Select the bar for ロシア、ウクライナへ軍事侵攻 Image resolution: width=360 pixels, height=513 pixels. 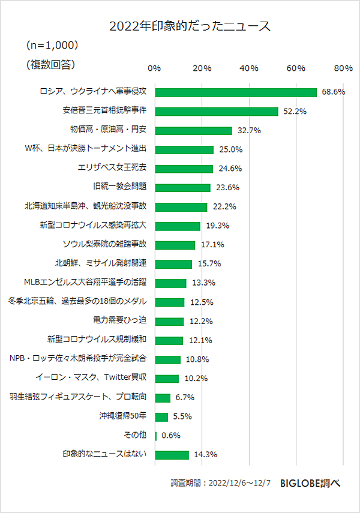point(236,92)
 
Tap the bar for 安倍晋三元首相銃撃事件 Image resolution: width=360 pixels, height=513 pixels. point(217,111)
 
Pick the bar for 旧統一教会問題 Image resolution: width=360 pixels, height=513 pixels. point(183,187)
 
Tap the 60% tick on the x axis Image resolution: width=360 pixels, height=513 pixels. point(296,68)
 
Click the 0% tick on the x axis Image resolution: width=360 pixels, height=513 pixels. point(154,68)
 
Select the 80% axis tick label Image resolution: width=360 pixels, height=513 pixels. point(343,68)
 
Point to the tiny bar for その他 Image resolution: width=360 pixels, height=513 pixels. point(156,436)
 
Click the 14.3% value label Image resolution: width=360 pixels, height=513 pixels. point(205,455)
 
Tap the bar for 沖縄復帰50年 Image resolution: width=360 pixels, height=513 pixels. point(161,416)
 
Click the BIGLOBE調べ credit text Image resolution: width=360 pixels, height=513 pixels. point(310,484)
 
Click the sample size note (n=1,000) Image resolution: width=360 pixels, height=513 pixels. point(53,46)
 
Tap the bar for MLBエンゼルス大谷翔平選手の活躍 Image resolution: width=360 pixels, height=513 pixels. point(171,283)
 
